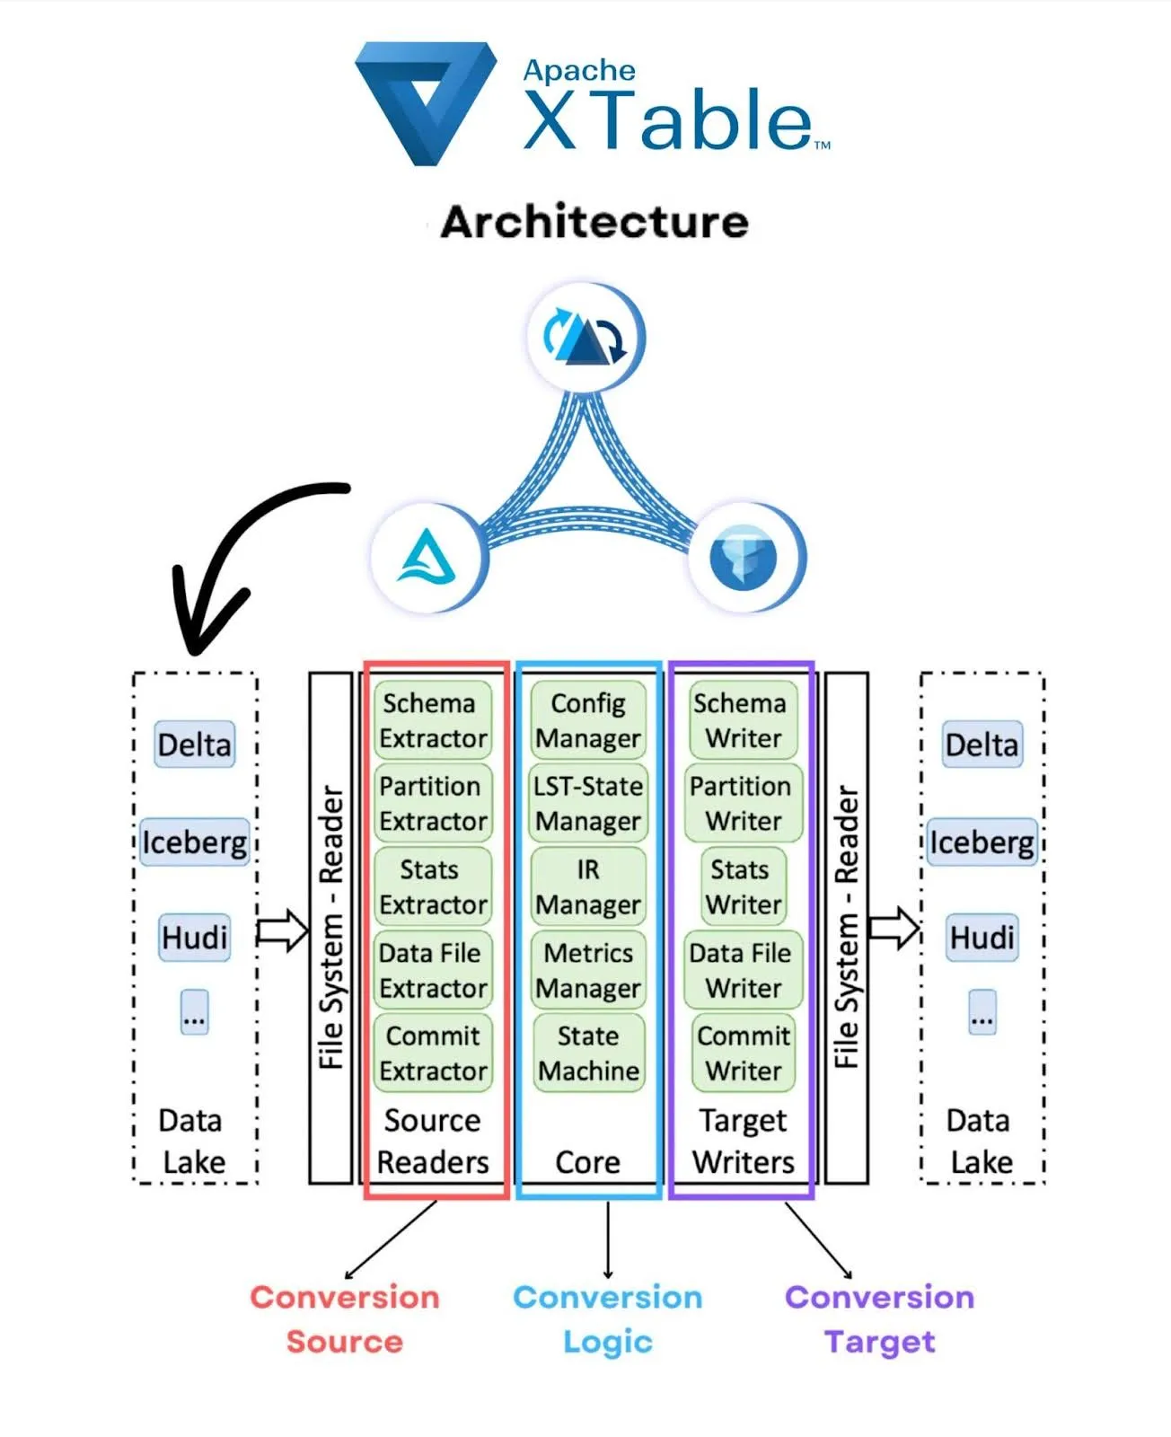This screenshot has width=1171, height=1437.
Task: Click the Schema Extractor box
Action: click(x=433, y=720)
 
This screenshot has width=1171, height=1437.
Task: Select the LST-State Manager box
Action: click(x=588, y=803)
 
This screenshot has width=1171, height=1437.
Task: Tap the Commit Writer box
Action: click(x=744, y=1053)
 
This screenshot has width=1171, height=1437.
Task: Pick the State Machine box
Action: click(x=588, y=1053)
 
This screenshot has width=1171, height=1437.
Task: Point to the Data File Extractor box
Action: click(x=433, y=970)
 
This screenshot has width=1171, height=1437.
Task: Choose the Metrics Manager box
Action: click(x=588, y=970)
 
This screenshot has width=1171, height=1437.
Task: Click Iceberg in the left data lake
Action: click(x=195, y=842)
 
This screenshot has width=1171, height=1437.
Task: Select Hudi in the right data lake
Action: click(x=982, y=938)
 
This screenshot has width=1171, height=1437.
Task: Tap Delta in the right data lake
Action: click(x=982, y=745)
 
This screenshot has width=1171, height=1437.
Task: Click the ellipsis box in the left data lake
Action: click(x=194, y=1012)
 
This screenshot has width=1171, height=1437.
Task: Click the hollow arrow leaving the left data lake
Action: click(x=284, y=930)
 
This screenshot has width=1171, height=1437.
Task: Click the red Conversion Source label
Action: click(x=345, y=1318)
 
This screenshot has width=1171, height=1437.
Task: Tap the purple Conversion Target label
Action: click(x=879, y=1318)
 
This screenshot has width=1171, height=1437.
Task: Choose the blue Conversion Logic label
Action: click(x=608, y=1318)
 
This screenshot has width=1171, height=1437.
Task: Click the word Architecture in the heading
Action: click(x=594, y=222)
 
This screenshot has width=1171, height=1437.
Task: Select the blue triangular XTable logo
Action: click(x=426, y=101)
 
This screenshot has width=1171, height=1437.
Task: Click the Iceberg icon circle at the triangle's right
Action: click(x=744, y=557)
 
